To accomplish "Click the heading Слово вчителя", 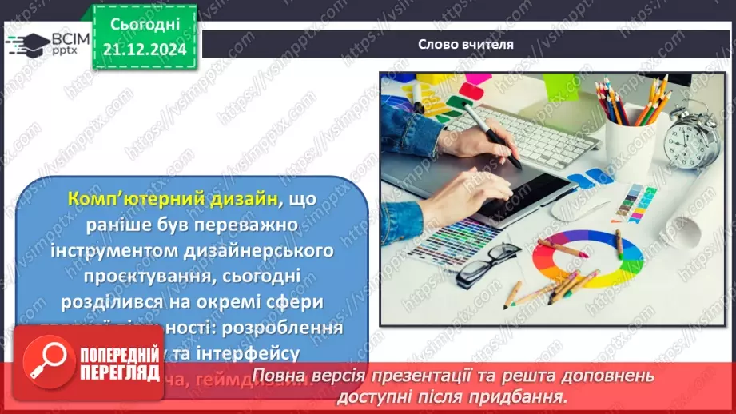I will click(466, 45).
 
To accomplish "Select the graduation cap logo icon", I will click(27, 44).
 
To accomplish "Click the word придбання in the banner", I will click(528, 396).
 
